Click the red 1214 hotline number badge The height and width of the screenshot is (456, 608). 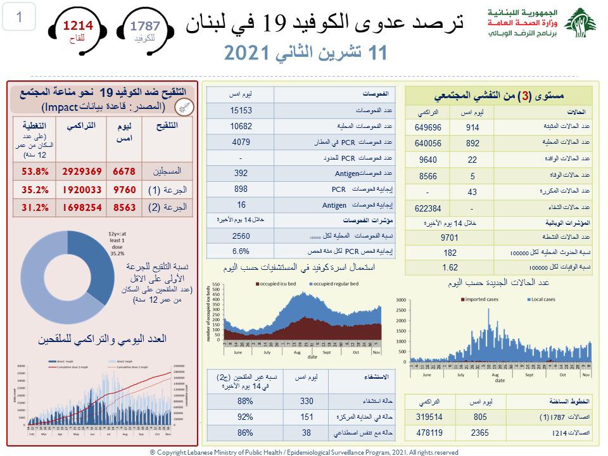(77, 27)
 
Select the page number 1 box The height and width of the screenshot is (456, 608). (18, 17)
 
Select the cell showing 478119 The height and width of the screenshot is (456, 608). (431, 433)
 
